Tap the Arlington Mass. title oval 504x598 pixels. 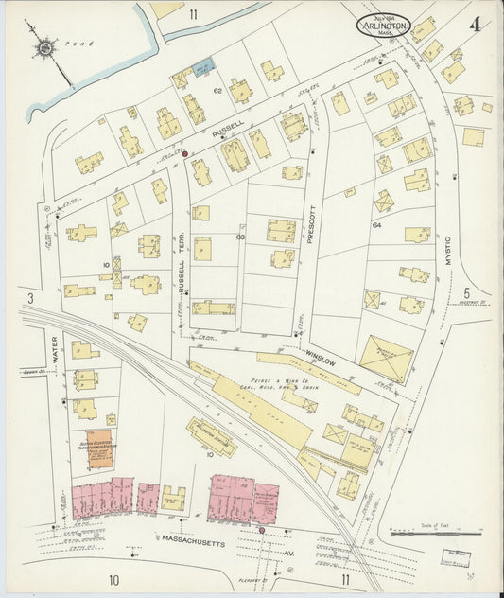(384, 26)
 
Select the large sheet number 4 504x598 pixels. (475, 23)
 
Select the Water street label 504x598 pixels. (55, 348)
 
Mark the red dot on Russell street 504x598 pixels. (184, 153)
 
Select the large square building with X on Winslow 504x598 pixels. (386, 359)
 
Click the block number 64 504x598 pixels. (376, 225)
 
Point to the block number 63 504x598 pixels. (240, 237)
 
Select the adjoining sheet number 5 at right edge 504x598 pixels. (465, 292)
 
